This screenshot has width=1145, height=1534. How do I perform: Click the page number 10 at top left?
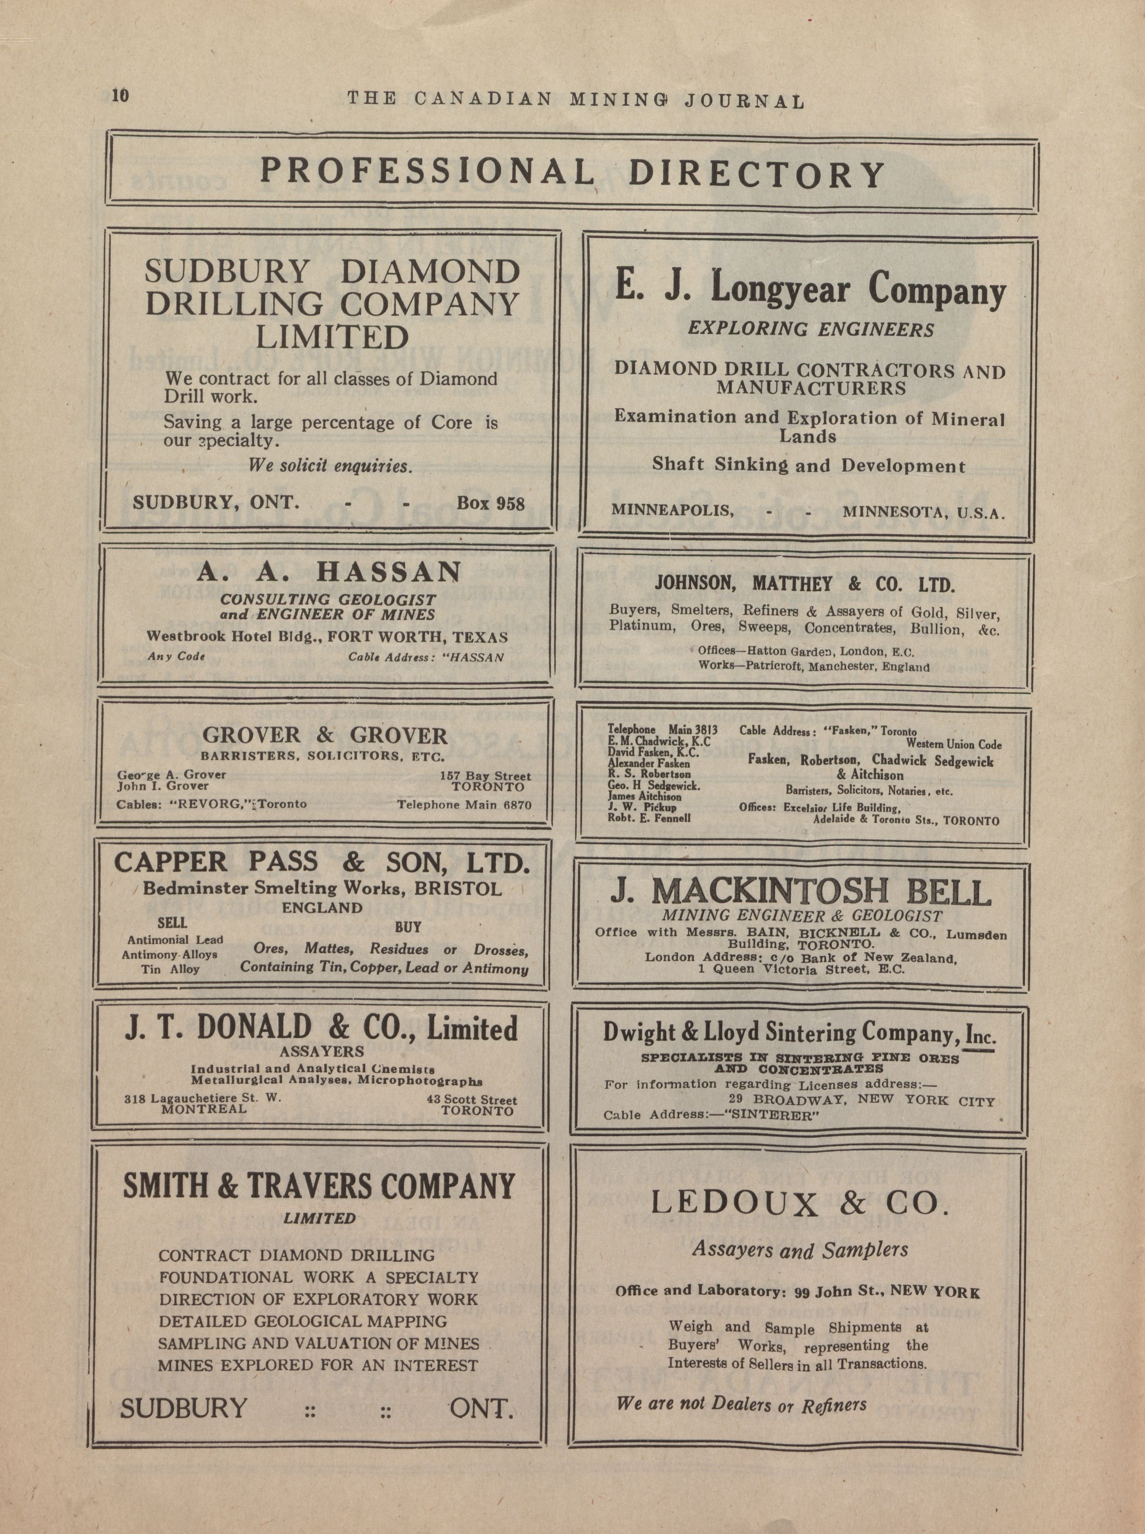[120, 95]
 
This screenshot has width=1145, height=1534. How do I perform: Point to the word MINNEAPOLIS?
[672, 510]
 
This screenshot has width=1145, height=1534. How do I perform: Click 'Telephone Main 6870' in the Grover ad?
[464, 805]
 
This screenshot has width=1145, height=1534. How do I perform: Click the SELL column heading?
[172, 923]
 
